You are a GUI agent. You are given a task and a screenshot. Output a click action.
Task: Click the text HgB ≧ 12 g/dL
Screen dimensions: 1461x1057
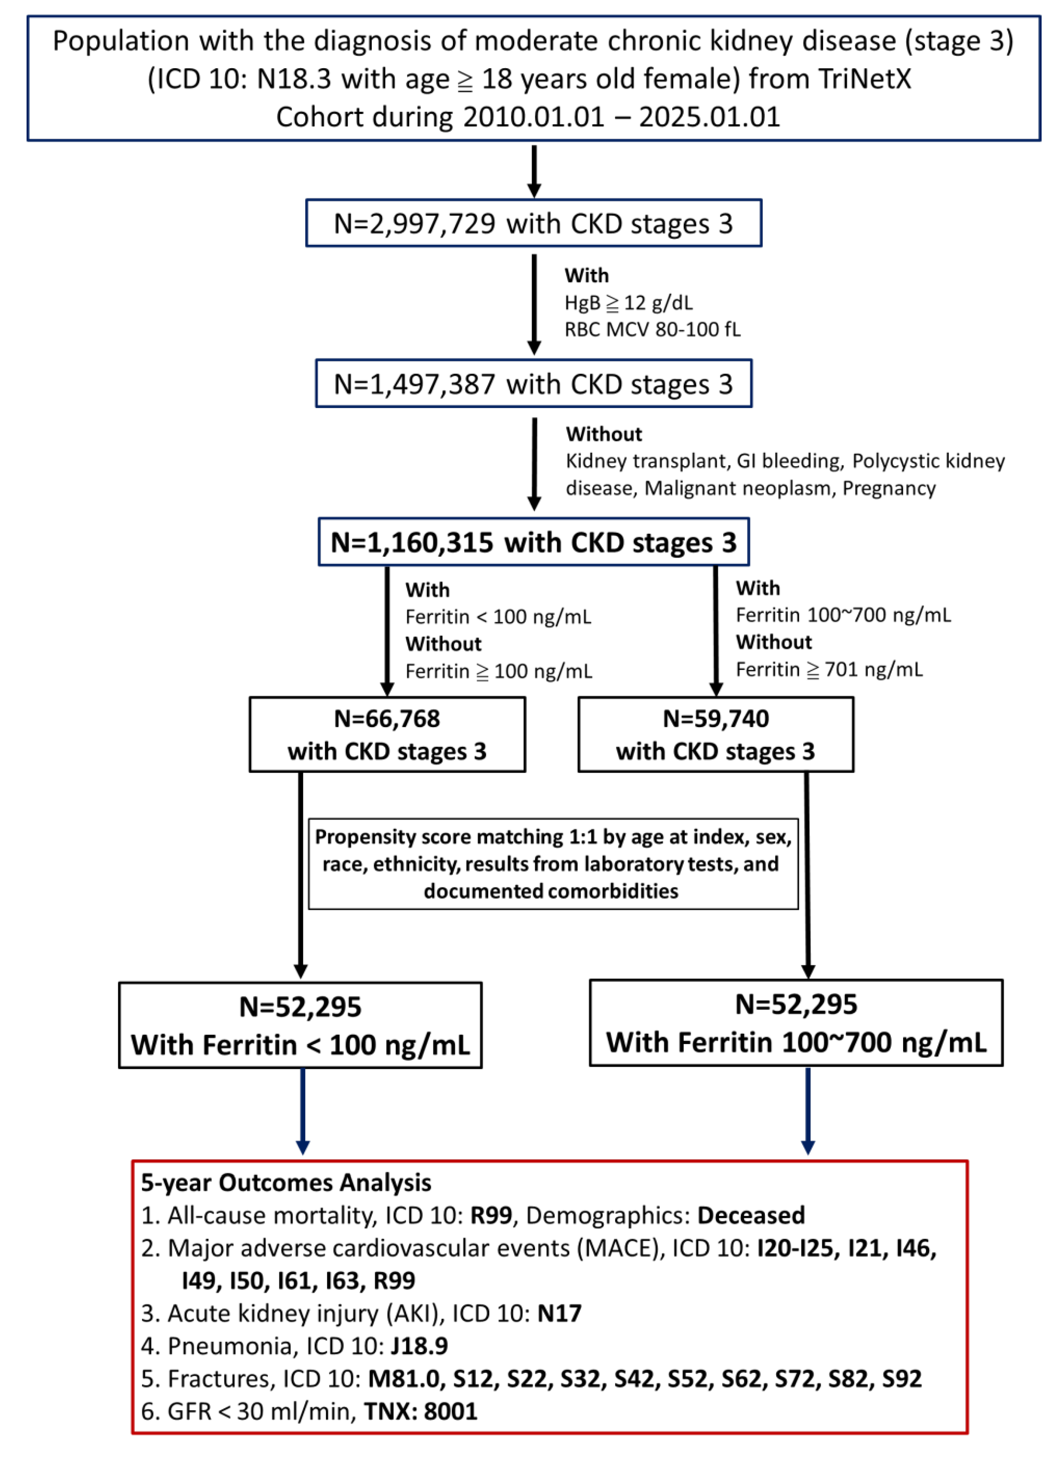click(x=628, y=302)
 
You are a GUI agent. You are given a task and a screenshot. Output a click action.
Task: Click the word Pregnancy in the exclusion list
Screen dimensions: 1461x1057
click(x=888, y=488)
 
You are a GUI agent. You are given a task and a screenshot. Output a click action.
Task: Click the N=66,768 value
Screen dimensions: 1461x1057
click(x=386, y=718)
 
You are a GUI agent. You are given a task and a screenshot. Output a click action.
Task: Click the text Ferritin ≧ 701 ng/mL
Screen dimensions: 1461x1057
click(x=828, y=669)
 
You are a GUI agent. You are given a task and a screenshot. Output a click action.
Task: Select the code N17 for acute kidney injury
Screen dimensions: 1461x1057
click(x=559, y=1313)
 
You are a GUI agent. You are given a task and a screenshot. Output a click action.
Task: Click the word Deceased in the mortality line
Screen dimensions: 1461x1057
click(x=750, y=1215)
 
